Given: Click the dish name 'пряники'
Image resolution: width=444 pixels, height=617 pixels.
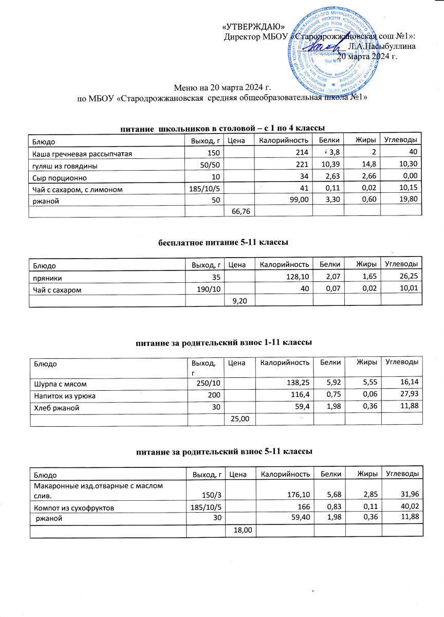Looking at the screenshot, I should [x=48, y=278].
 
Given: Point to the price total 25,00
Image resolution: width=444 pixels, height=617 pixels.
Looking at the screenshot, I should [x=241, y=420].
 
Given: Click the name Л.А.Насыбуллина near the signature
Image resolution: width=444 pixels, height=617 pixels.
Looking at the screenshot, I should [x=381, y=46].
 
